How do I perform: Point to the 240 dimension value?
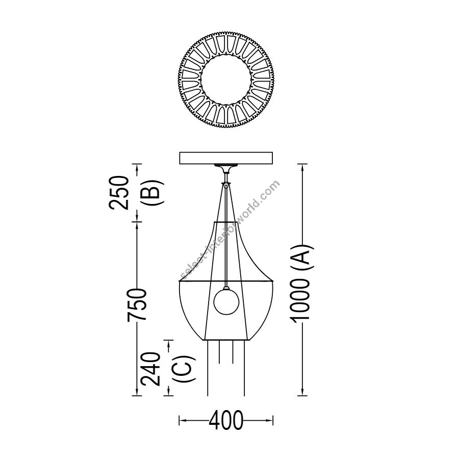pos(150,369)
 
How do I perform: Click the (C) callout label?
pos(184,369)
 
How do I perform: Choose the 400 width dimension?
pos(226,420)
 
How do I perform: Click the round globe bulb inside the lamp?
pos(226,301)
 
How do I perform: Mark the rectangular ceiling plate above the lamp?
pos(226,158)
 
